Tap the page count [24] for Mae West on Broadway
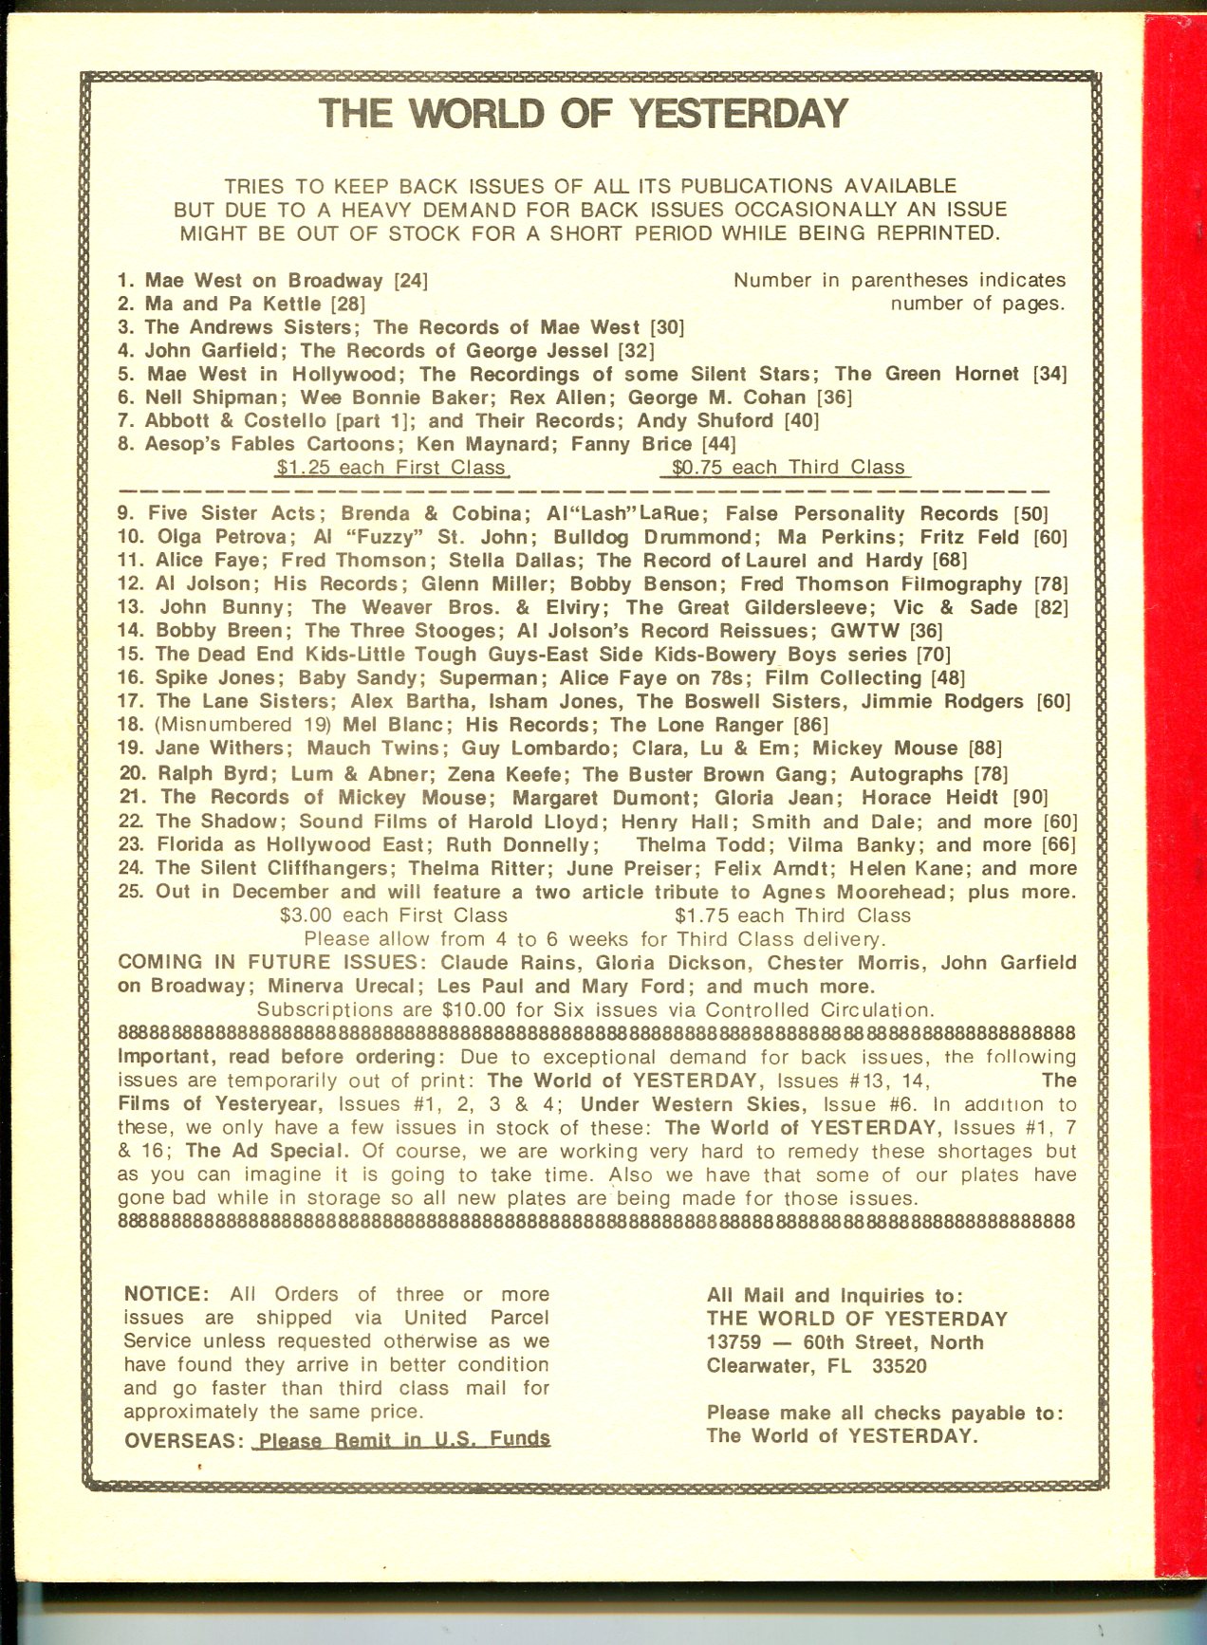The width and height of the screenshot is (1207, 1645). pyautogui.click(x=411, y=281)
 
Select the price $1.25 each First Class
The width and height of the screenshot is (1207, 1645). pyautogui.click(x=391, y=468)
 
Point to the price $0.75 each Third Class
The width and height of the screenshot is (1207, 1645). pyautogui.click(x=788, y=468)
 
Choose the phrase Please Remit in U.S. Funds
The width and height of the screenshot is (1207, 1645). pyautogui.click(x=404, y=1439)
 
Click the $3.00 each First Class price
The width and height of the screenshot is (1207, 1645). pyautogui.click(x=394, y=916)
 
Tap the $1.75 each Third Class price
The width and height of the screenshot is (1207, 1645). pyautogui.click(x=792, y=916)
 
